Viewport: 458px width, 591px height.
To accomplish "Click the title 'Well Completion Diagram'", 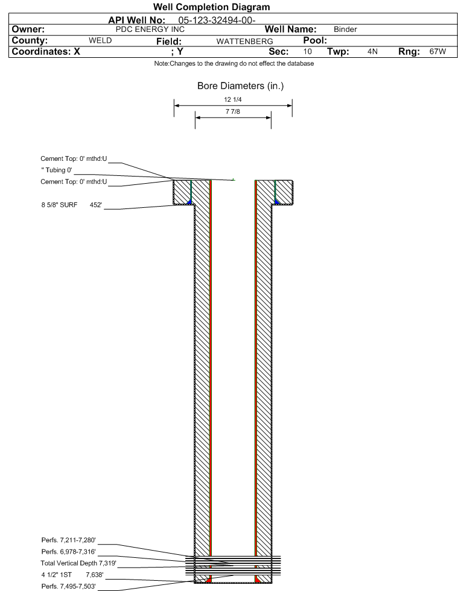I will [x=211, y=7].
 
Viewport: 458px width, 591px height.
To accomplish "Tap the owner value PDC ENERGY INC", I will [x=154, y=29].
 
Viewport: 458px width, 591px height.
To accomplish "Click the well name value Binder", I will [x=345, y=29].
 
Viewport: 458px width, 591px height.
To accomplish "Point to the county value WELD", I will [x=100, y=40].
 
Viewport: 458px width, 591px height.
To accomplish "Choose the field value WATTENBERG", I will [x=240, y=41].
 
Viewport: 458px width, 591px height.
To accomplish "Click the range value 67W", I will [x=437, y=52].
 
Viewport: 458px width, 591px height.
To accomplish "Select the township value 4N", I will [x=372, y=52].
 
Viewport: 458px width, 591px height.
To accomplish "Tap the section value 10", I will [x=308, y=52].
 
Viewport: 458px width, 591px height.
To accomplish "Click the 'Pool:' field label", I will [x=314, y=40].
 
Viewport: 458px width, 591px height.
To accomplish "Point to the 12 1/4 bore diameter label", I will [x=232, y=100].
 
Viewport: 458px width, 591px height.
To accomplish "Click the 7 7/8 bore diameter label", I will [x=232, y=112].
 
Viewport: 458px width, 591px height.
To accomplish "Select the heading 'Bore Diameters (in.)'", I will [x=240, y=86].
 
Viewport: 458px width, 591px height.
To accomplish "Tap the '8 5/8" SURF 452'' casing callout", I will [x=71, y=205].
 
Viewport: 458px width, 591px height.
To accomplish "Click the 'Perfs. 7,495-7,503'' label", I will [x=68, y=586].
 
